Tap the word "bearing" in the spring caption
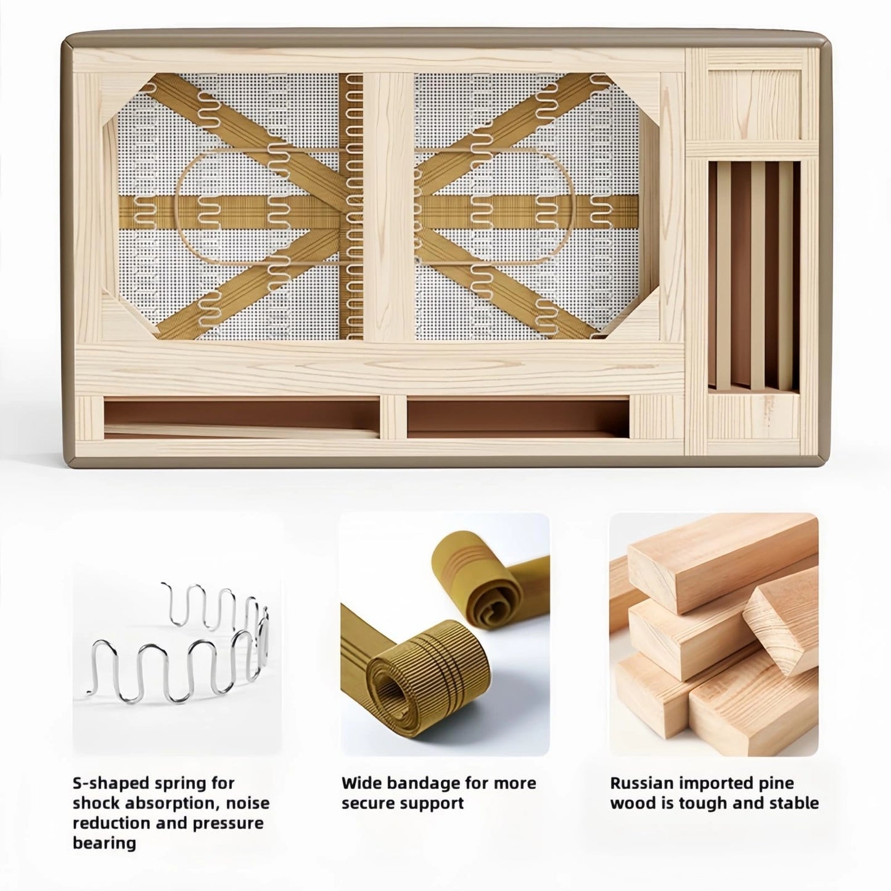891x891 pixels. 104,843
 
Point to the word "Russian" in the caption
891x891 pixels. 642,783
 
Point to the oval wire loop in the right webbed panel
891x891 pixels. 495,206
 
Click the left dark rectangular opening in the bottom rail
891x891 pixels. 241,417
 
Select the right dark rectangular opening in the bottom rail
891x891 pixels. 518,417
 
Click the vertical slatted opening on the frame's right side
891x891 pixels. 753,276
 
